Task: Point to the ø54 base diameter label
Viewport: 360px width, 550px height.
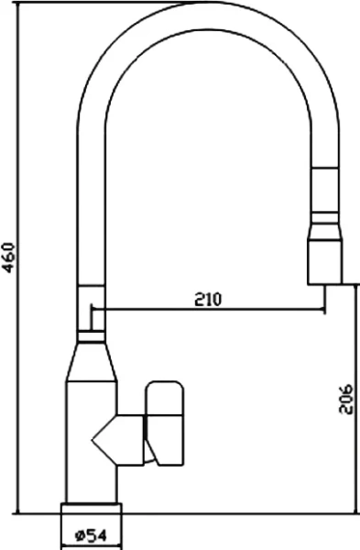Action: point(91,534)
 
